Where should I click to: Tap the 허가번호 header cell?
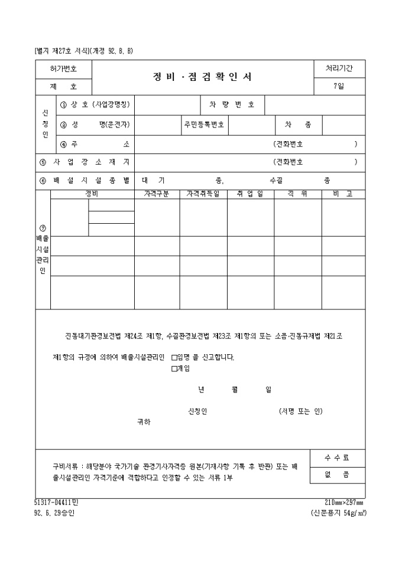63,69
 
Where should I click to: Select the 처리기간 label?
339,69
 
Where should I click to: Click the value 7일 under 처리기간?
339,86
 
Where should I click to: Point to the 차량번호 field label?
232,105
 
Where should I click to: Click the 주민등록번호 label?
204,125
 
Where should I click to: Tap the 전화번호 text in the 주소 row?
293,144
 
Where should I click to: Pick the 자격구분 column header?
157,194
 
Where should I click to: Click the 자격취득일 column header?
203,194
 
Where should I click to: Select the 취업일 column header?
251,194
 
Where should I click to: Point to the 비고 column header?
343,194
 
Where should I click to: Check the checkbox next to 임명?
174,357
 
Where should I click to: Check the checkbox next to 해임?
174,369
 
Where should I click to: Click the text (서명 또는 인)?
301,411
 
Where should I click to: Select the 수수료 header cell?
337,458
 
